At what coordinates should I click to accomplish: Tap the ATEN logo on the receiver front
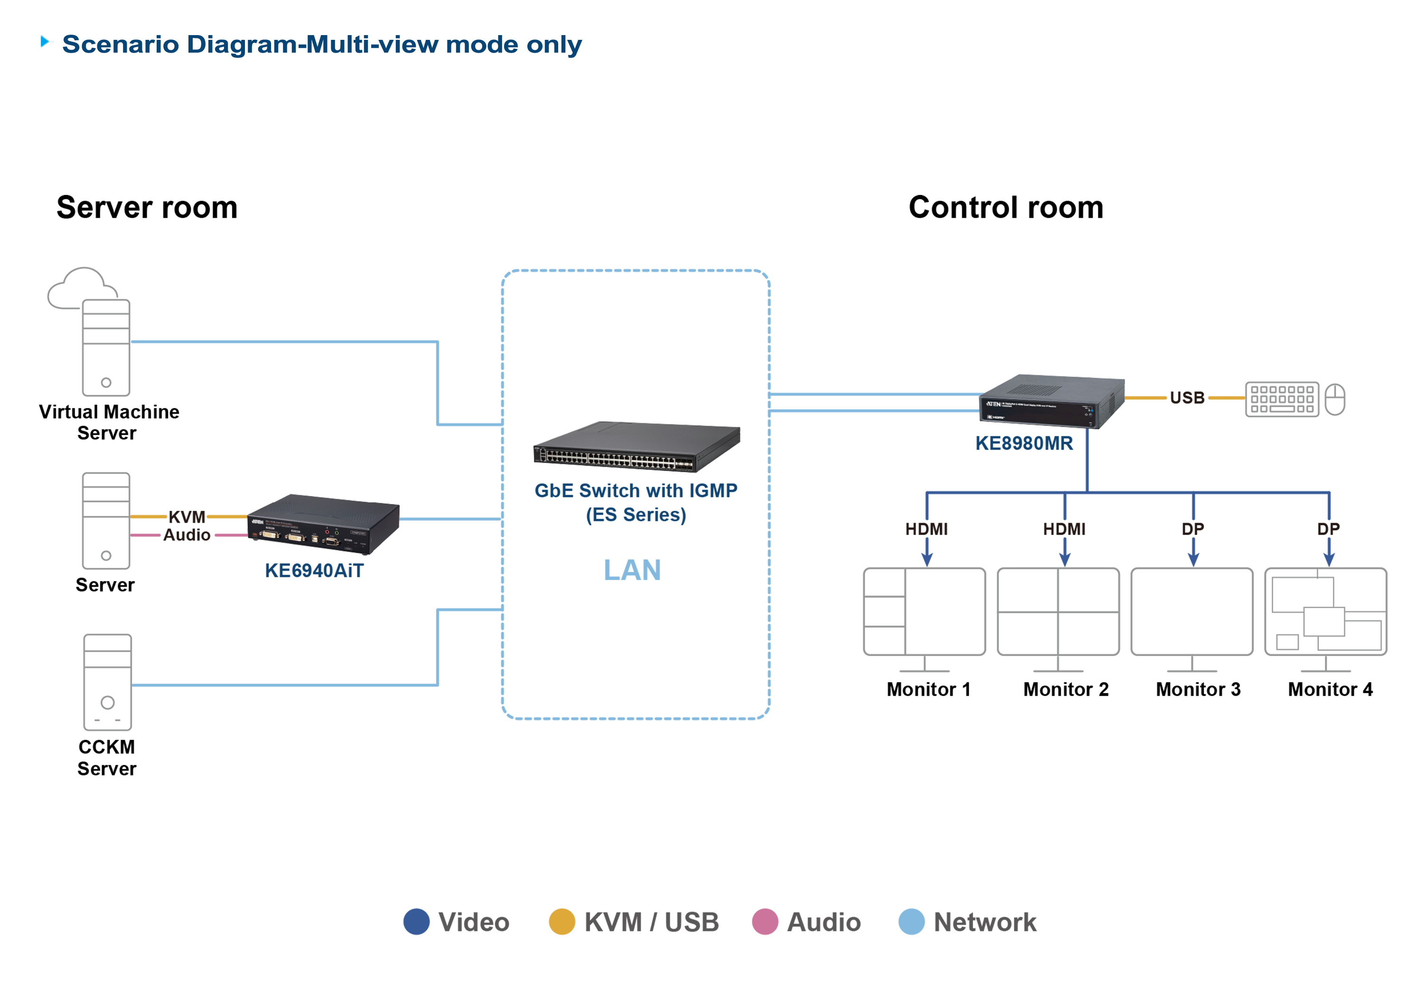tap(993, 404)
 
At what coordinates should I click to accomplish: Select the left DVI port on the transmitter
tap(269, 534)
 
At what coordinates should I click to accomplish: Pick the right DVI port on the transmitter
tap(295, 537)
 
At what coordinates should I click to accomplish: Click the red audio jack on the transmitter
tap(328, 532)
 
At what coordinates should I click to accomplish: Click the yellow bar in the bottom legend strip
tap(553, 874)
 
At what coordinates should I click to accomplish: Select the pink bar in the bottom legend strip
tap(760, 874)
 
